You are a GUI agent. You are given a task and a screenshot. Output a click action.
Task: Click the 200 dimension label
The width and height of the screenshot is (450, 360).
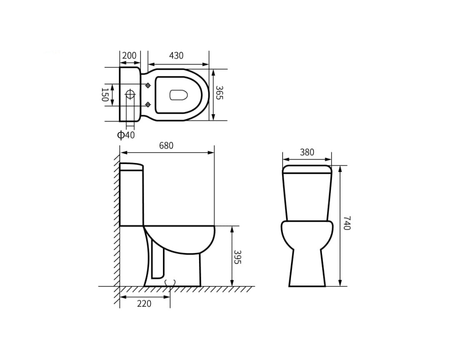pyautogui.click(x=129, y=55)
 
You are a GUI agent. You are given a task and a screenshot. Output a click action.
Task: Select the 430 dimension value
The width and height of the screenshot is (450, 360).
pyautogui.click(x=176, y=55)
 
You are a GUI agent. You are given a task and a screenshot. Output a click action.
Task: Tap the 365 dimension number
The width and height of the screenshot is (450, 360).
pyautogui.click(x=219, y=92)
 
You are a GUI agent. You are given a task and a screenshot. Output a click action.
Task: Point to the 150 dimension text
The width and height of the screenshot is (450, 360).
pyautogui.click(x=105, y=95)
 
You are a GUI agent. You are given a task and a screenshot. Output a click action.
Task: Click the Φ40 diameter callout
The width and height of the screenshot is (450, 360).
pyautogui.click(x=126, y=135)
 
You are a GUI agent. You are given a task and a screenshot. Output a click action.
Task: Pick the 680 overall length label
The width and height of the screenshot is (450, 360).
pyautogui.click(x=166, y=145)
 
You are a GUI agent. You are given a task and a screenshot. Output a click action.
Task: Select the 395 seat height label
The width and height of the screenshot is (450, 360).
pyautogui.click(x=237, y=257)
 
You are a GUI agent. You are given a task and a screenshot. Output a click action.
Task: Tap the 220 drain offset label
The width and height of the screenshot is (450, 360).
pyautogui.click(x=144, y=303)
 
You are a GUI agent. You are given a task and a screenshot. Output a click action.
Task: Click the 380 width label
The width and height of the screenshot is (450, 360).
pyautogui.click(x=307, y=152)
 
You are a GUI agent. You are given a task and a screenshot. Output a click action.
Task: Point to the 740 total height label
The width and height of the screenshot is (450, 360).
pyautogui.click(x=347, y=223)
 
